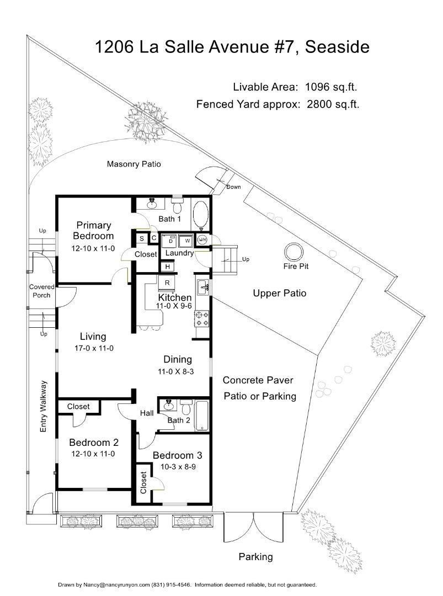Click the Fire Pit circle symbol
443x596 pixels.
coord(293,253)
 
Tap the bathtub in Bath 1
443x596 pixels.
coord(200,215)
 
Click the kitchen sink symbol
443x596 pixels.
coord(202,287)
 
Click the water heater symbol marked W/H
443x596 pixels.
coord(202,240)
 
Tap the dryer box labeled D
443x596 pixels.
coord(171,241)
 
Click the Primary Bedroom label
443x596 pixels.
coord(94,230)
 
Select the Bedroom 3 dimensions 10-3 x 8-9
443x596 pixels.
coord(177,466)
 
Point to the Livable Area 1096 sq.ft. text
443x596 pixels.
coord(298,87)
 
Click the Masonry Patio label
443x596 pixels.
coord(134,164)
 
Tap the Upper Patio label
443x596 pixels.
coord(279,293)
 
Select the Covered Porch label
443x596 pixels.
coord(42,291)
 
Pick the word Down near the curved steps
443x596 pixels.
coord(233,187)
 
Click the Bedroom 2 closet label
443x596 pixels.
coord(78,407)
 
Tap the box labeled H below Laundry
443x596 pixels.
coord(167,267)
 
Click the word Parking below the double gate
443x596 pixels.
coord(255,557)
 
